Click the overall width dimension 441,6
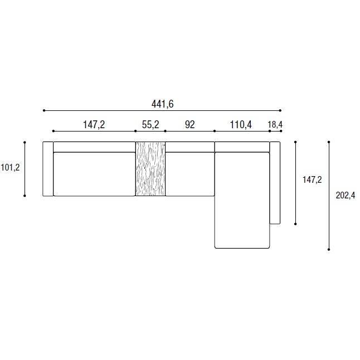(162, 104)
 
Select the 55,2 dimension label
(150, 125)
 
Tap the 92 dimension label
(190, 125)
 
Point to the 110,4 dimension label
(241, 125)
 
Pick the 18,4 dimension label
(275, 125)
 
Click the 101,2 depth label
(11, 168)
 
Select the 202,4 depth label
(346, 196)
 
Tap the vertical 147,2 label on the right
(312, 180)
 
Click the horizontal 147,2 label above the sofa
(94, 125)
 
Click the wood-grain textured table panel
(150, 169)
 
